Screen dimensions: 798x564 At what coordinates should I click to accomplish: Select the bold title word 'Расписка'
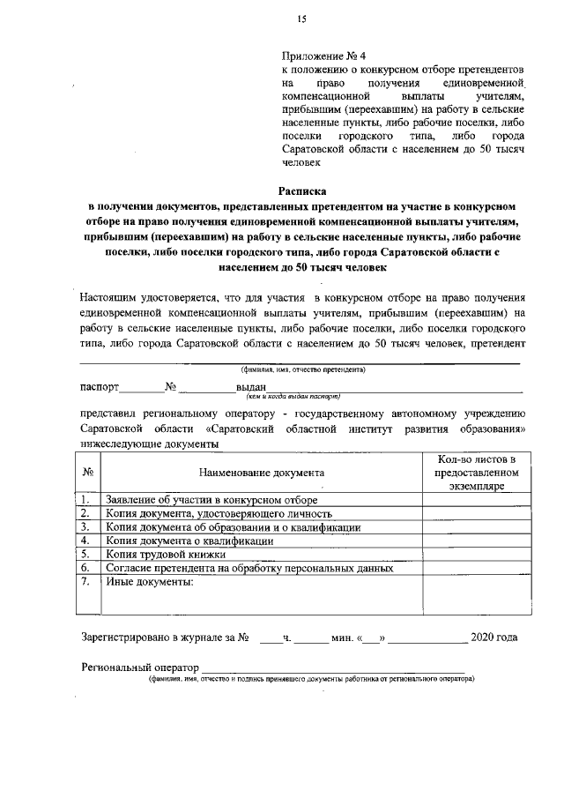pos(301,190)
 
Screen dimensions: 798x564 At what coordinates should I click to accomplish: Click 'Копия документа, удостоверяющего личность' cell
pos(218,513)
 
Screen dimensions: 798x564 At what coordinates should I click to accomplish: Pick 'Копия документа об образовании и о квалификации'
pos(233,527)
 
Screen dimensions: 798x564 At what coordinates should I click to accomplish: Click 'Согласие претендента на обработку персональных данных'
pos(249,568)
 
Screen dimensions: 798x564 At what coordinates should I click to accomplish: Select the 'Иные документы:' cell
pos(149,582)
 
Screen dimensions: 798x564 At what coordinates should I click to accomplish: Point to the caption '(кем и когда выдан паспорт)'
pos(281,397)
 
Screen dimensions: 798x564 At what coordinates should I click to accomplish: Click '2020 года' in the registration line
pos(494,637)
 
